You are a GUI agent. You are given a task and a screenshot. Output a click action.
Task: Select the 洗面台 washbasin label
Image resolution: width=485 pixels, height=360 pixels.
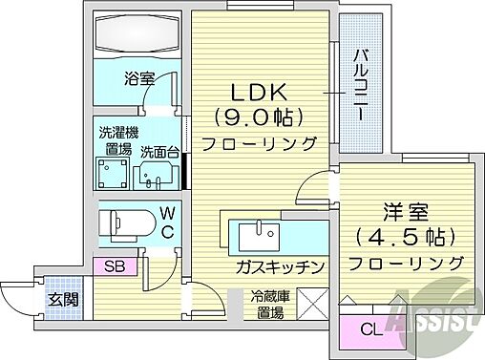[158, 152]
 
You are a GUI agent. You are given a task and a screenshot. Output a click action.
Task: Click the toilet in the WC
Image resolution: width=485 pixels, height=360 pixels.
[121, 224]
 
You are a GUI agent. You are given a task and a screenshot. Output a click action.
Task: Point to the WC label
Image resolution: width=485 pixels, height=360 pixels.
[165, 223]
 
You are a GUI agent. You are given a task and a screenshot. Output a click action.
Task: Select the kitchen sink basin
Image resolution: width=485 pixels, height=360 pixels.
[255, 233]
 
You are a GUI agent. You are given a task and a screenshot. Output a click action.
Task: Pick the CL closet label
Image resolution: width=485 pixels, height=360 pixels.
[369, 331]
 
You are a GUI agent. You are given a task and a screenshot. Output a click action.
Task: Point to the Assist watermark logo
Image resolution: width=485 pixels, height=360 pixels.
[434, 315]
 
